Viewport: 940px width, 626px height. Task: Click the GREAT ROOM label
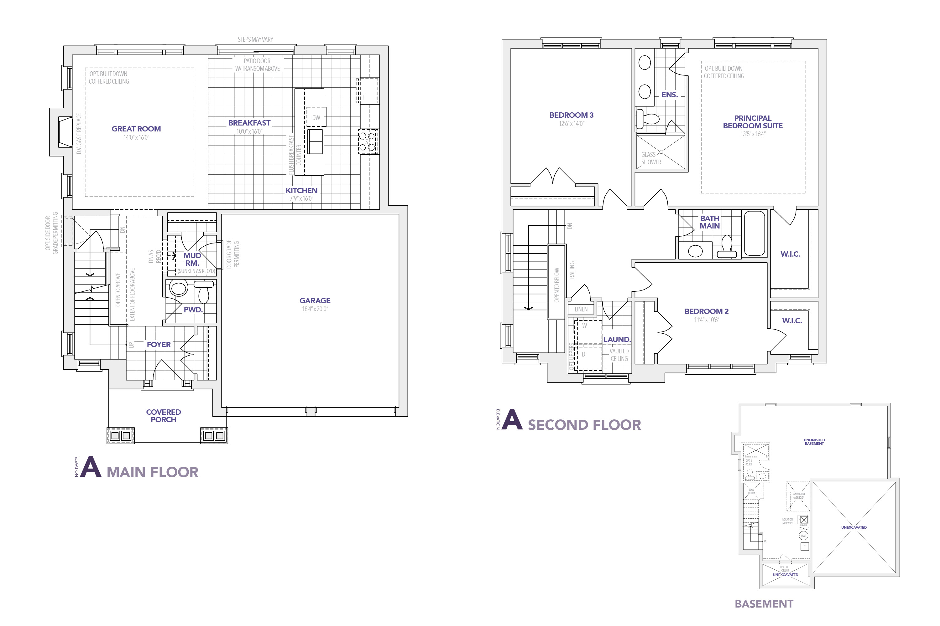[136, 129]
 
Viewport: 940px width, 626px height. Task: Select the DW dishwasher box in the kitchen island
[316, 117]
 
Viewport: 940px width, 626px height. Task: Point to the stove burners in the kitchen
[367, 142]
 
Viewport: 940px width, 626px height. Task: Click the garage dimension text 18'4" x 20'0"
[315, 309]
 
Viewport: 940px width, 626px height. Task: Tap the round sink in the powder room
[178, 288]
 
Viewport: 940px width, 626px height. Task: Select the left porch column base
[120, 435]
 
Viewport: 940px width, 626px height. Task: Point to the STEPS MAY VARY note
[255, 39]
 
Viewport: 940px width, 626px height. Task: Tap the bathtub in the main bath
[754, 233]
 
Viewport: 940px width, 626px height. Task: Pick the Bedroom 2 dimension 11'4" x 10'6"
[706, 320]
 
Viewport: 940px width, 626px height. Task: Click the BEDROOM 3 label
[571, 115]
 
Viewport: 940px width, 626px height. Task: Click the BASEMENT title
[764, 604]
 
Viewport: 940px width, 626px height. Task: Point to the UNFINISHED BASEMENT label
[814, 442]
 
